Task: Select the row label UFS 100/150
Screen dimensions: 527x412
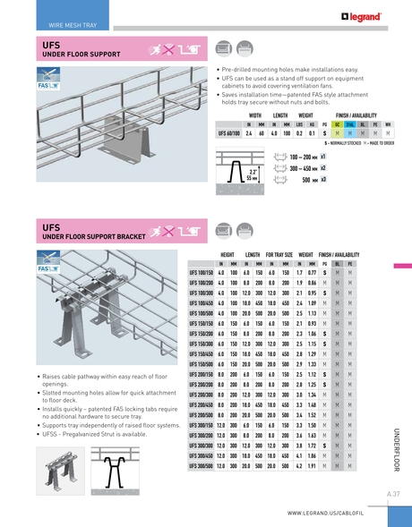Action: [x=201, y=271]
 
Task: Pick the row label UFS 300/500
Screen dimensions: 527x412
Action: [x=201, y=467]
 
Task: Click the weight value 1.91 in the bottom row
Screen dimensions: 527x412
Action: [x=311, y=467]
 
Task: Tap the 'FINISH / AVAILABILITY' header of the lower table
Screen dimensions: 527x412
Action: [x=339, y=255]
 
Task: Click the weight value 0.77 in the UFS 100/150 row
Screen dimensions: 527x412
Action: [x=311, y=271]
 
